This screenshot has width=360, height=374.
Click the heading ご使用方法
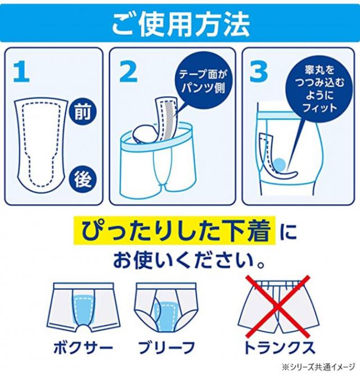pos(181,24)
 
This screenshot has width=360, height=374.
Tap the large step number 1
pos(21,71)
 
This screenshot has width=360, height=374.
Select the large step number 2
pos(129,71)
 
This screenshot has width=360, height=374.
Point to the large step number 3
pos(259,71)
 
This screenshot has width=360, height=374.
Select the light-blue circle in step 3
pos(279,165)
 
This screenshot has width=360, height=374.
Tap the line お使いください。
pos(188,260)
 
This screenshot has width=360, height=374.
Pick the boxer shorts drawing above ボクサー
pos(83,308)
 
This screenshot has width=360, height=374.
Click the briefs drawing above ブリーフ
pos(167,307)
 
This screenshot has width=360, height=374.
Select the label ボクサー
pos(83,348)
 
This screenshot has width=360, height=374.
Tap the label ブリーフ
pos(166,348)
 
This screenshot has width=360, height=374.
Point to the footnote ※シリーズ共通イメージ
pos(318,366)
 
